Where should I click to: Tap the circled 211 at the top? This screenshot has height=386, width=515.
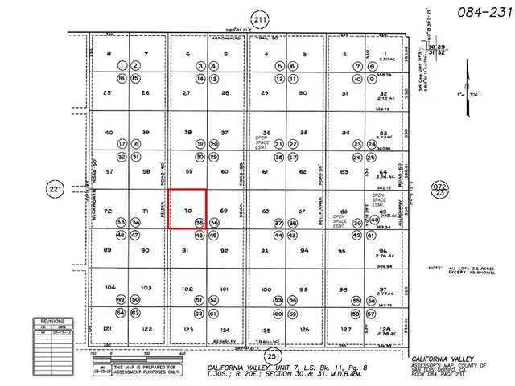click(x=258, y=20)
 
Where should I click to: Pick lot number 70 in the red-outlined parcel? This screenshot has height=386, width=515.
click(x=187, y=211)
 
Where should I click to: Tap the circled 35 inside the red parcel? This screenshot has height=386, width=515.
click(x=200, y=222)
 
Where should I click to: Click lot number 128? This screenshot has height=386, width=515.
click(x=383, y=329)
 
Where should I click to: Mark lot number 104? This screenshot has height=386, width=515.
click(x=110, y=287)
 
